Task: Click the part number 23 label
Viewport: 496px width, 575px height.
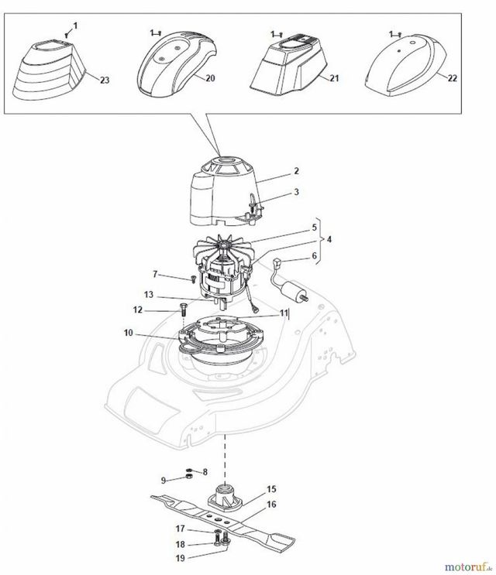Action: point(105,80)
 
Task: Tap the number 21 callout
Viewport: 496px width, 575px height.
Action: point(334,78)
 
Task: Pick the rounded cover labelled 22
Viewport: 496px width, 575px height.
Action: point(405,65)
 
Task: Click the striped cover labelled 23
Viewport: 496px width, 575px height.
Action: point(49,70)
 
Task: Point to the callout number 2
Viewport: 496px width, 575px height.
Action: point(296,171)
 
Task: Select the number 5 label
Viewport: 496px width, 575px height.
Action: point(314,228)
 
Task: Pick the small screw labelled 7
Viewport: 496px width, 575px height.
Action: point(192,279)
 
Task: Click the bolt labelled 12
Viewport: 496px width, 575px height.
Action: point(182,309)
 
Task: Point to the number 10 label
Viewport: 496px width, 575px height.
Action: point(128,333)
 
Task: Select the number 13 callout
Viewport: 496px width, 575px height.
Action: point(148,295)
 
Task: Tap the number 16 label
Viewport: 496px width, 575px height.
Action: point(271,505)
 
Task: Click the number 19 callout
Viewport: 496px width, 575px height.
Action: point(181,558)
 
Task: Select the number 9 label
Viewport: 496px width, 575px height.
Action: point(164,480)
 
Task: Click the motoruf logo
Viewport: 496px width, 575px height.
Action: point(468,567)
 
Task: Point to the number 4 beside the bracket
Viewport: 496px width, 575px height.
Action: point(329,239)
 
